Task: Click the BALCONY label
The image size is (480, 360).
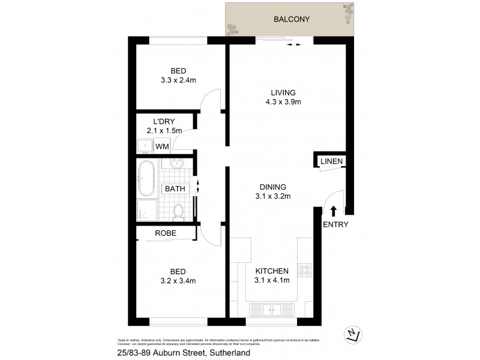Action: [x=292, y=19]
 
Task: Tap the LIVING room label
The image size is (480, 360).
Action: [x=283, y=93]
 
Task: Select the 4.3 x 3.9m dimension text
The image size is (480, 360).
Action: [x=283, y=102]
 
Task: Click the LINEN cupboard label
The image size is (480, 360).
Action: [x=331, y=161]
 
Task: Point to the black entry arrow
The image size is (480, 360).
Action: [x=334, y=210]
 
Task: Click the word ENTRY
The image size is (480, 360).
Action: [x=335, y=225]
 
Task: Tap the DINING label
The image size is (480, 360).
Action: [x=273, y=187]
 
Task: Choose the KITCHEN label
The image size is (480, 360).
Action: [x=272, y=271]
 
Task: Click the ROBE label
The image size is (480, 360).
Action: [x=165, y=233]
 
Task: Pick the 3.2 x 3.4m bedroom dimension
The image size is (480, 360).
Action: [x=178, y=280]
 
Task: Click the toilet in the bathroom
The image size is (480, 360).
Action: [x=178, y=211]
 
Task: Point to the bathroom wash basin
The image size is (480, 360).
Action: [x=178, y=163]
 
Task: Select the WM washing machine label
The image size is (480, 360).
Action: [x=161, y=146]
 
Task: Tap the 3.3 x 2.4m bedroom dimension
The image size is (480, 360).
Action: [x=178, y=79]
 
